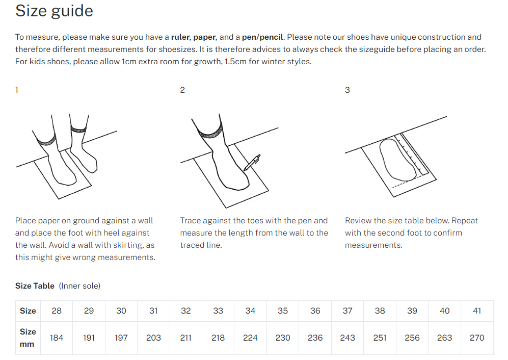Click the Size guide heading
[x=54, y=11]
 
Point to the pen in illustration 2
[x=252, y=162]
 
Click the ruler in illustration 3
[x=415, y=156]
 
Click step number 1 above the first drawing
[x=17, y=90]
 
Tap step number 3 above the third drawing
[x=347, y=90]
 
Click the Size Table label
[x=35, y=286]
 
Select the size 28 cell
[x=57, y=311]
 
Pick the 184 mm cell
[x=57, y=338]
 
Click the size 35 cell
[x=283, y=311]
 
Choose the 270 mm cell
[x=477, y=338]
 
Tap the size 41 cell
[x=477, y=311]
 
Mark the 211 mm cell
[x=186, y=338]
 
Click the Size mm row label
[x=28, y=338]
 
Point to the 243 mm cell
[x=347, y=338]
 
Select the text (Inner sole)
[x=79, y=286]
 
